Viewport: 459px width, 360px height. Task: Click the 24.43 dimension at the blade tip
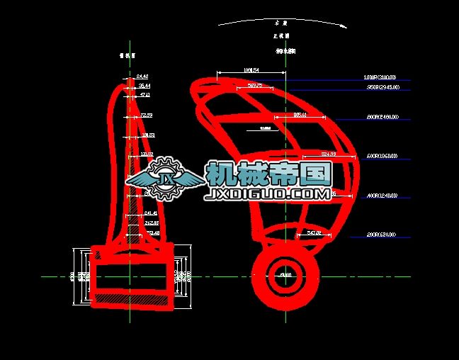(x=142, y=76)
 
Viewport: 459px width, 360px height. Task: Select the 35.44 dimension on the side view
(x=144, y=85)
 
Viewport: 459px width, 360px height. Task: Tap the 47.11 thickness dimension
(x=145, y=94)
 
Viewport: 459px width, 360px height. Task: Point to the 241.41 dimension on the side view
(x=151, y=213)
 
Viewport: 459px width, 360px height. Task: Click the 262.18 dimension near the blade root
(x=152, y=223)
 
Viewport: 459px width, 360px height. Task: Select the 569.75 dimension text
(x=256, y=86)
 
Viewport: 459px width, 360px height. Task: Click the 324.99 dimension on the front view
(x=328, y=154)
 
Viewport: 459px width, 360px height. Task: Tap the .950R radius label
(x=382, y=87)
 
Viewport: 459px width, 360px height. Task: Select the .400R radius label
(x=381, y=196)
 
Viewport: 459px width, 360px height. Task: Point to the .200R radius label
(x=381, y=235)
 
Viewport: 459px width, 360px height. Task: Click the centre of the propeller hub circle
(x=285, y=276)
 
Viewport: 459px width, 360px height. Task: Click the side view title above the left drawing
(x=128, y=54)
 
